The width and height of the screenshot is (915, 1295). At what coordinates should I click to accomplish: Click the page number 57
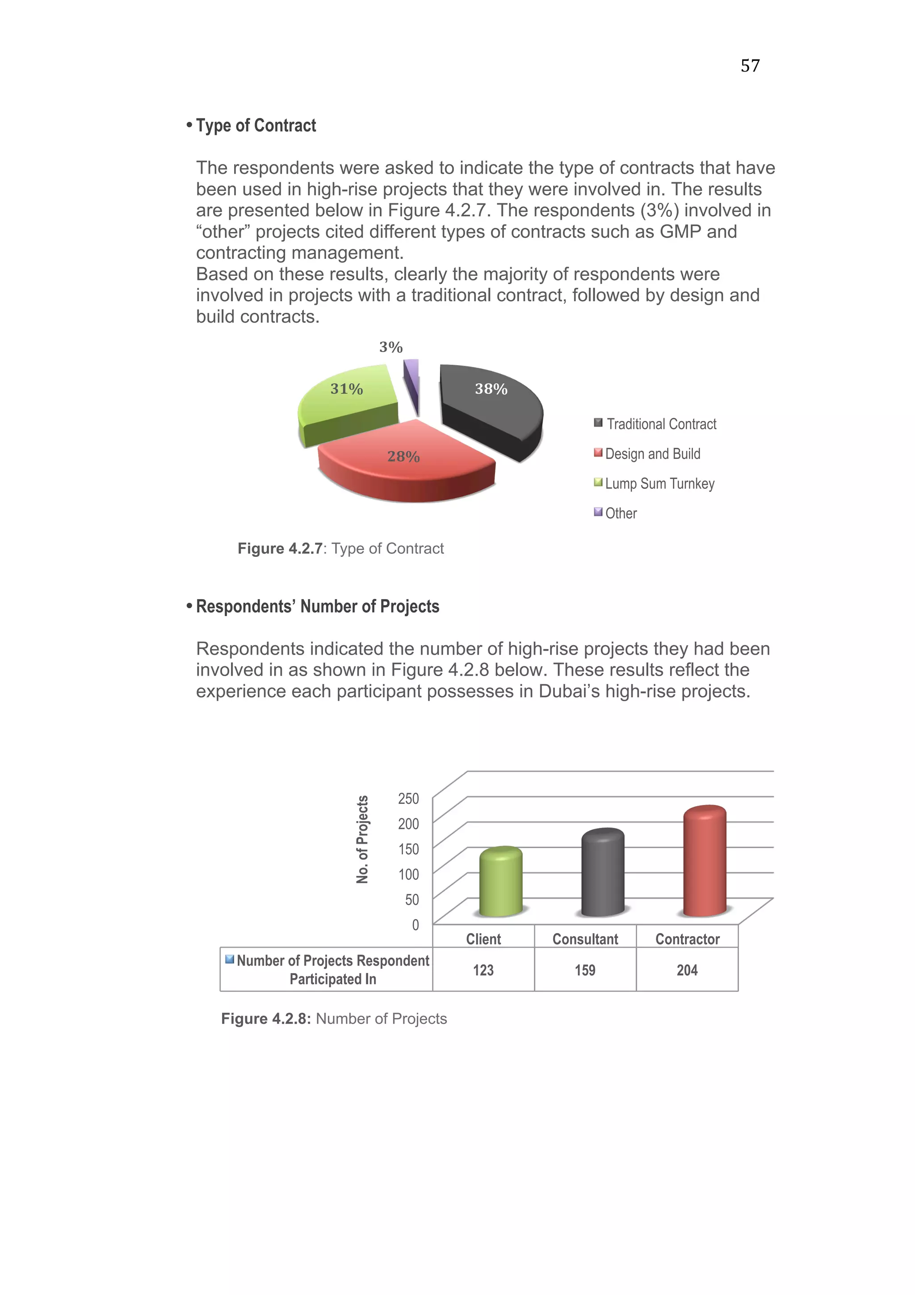click(x=750, y=66)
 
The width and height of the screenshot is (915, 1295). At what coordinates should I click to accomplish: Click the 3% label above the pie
click(x=390, y=347)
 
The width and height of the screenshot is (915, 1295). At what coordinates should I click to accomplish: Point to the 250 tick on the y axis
click(x=408, y=799)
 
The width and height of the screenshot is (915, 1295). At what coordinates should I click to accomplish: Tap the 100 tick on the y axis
click(x=408, y=874)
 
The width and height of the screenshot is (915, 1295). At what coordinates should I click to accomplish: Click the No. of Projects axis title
click(x=362, y=839)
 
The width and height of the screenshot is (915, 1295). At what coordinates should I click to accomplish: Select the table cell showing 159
click(x=585, y=970)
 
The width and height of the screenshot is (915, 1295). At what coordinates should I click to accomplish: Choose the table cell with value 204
click(x=687, y=970)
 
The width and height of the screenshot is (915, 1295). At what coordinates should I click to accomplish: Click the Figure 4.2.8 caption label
click(x=265, y=1019)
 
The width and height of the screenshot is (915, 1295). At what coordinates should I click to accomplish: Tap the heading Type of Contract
click(x=256, y=125)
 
